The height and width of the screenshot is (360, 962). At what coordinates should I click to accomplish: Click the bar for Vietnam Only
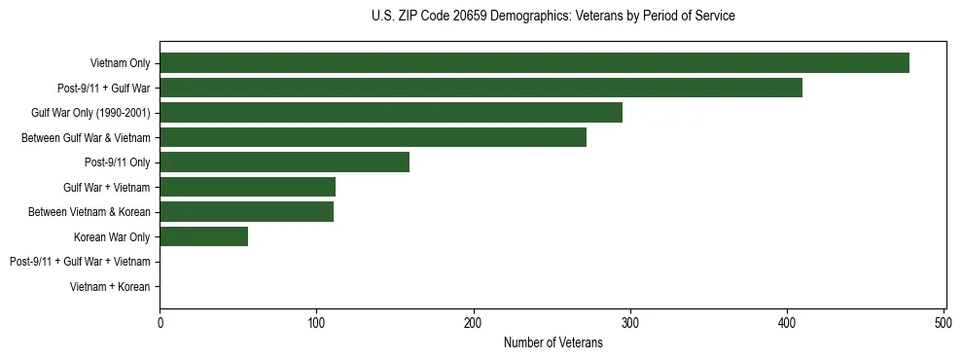534,63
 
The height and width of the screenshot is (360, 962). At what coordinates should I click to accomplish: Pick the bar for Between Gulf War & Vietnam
373,137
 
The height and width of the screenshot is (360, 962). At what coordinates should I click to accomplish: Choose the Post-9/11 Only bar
284,162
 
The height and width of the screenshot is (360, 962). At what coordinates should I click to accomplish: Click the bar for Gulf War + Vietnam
247,187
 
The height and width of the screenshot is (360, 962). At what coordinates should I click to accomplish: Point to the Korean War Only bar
203,236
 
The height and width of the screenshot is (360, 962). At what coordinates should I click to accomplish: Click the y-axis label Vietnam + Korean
110,287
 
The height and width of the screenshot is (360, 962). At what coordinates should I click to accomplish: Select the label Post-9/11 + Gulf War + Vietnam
79,262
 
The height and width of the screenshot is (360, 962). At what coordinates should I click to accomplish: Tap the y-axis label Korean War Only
112,237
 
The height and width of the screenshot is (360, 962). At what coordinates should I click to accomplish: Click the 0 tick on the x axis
160,322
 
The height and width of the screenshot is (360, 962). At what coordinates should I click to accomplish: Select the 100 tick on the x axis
316,322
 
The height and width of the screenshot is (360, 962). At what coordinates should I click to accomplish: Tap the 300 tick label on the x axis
630,322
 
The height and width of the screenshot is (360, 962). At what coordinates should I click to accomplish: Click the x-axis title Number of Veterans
552,342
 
